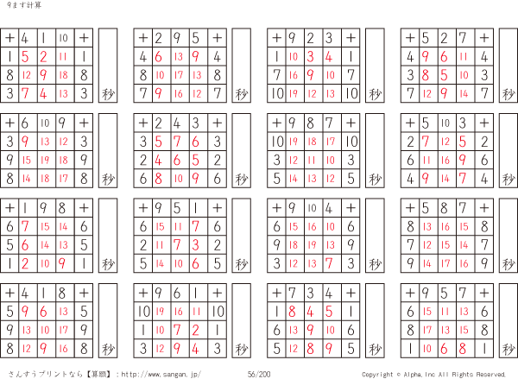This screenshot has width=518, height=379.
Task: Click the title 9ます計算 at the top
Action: click(20, 6)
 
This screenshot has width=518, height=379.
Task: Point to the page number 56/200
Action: click(258, 374)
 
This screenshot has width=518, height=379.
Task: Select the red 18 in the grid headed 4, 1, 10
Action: click(63, 75)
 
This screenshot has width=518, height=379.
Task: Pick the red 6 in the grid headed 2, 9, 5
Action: click(159, 57)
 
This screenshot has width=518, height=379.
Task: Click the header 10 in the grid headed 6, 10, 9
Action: click(44, 122)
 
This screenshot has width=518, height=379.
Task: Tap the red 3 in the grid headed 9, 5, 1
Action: click(196, 244)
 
